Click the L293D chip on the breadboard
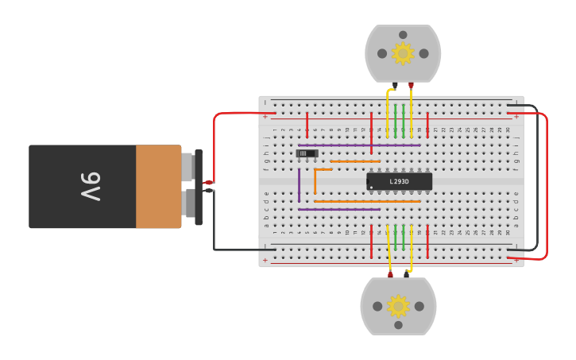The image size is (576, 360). pos(399,181)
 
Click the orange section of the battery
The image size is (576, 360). pos(158,187)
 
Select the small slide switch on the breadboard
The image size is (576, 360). pos(307,153)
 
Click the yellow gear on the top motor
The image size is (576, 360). pos(403,53)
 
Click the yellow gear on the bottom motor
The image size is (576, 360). pos(398,306)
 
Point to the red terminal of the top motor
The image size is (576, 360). pos(411,84)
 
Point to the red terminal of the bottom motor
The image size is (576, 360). pos(390,275)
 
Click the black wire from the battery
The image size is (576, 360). pos(215,230)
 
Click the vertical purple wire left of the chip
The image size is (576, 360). pos(299,184)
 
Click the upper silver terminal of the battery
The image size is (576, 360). pos(187,167)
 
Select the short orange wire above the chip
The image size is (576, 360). pos(355,161)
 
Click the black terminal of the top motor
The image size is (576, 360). pos(395,84)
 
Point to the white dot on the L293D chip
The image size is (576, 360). pos(371,188)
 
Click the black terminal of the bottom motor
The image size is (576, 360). pos(406,275)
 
